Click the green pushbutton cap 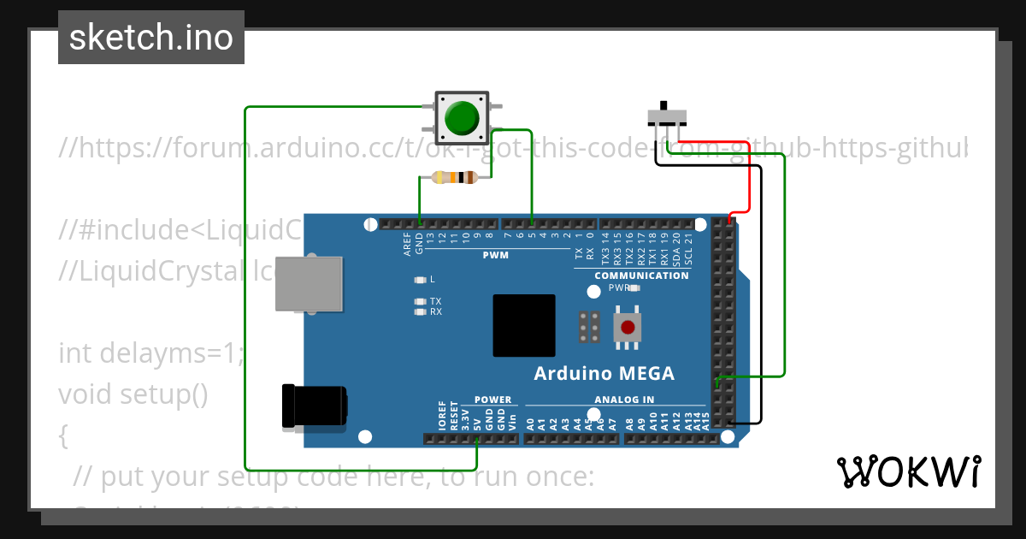tap(462, 118)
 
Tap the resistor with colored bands tap(454, 178)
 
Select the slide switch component tap(668, 115)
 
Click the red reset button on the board tap(628, 327)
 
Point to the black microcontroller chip tap(523, 325)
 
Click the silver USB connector tap(307, 283)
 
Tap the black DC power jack tap(314, 406)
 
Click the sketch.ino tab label tap(151, 38)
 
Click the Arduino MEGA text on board tap(604, 374)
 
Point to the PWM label tap(495, 256)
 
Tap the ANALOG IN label tap(624, 400)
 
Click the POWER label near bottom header tap(492, 400)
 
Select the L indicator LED tap(420, 280)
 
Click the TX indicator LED tap(420, 301)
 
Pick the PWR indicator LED tap(634, 288)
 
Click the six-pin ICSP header tap(588, 327)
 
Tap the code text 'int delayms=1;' tap(150, 352)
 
